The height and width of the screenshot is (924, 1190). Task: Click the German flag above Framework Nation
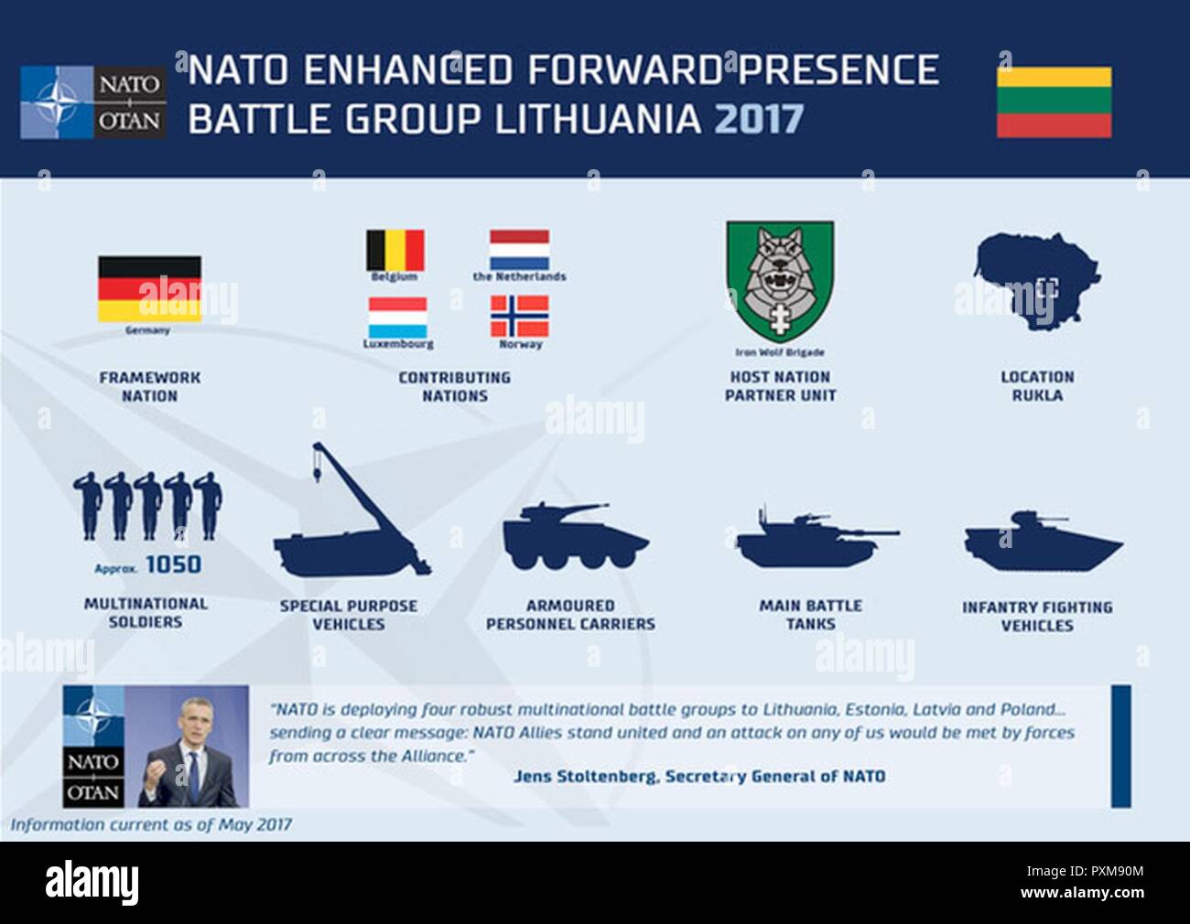149,288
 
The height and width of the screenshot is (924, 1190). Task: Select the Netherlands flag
519,249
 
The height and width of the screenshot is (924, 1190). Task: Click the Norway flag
519,317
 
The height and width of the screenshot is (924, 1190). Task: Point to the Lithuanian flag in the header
1054,102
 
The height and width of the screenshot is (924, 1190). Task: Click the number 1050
173,565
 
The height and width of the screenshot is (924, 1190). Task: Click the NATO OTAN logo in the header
93,102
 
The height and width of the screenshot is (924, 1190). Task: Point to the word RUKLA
1037,395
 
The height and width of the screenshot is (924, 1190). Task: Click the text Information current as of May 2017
151,825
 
